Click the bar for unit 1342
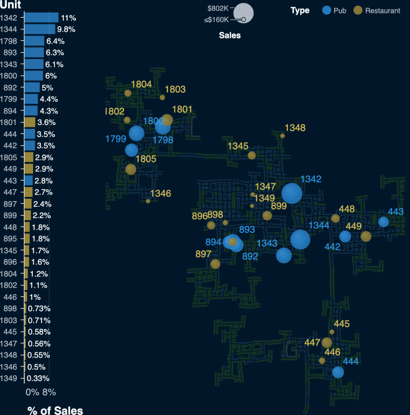[41, 17]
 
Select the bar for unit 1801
[30, 122]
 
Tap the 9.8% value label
[66, 29]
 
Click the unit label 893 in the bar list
[10, 53]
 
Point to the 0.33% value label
[39, 379]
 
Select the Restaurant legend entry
[377, 11]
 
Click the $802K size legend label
[218, 8]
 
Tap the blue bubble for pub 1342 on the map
[292, 193]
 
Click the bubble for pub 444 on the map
[338, 372]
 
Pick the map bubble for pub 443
[384, 222]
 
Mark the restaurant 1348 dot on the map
[283, 136]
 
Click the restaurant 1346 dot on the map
[148, 201]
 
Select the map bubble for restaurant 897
[215, 264]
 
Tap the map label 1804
[142, 84]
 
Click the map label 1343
[267, 243]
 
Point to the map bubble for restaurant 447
[327, 343]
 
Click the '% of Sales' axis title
[55, 410]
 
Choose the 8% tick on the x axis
[49, 392]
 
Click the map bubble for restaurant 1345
[251, 155]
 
